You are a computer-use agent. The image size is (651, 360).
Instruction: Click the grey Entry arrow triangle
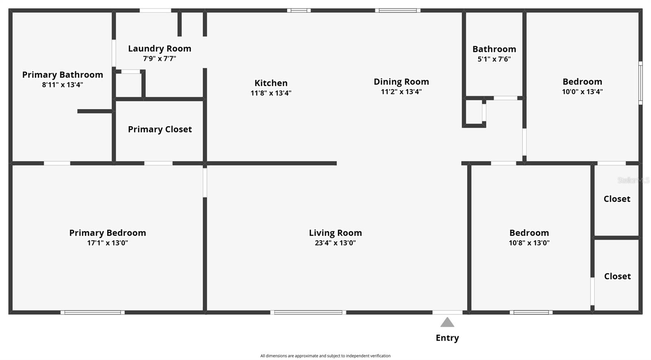click(447, 322)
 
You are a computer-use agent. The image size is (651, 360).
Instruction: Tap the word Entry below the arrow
click(447, 338)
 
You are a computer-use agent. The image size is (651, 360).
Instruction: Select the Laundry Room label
click(159, 48)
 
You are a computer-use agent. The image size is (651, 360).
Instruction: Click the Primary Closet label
click(160, 129)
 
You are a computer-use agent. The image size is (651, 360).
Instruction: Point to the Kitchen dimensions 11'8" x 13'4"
click(271, 93)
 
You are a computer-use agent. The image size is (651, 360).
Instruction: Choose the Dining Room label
click(401, 82)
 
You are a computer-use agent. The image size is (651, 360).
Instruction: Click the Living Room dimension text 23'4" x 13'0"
click(335, 243)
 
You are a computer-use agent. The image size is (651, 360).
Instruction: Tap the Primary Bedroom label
click(107, 233)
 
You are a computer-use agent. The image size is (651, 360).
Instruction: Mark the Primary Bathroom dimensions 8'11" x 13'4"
click(63, 85)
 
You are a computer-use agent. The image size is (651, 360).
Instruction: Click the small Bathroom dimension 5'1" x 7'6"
click(494, 59)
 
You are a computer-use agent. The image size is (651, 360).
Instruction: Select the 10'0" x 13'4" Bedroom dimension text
click(582, 92)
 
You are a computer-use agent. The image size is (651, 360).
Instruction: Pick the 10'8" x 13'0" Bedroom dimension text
click(529, 243)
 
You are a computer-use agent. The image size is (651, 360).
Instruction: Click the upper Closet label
click(617, 199)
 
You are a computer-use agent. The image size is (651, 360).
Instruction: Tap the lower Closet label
click(618, 276)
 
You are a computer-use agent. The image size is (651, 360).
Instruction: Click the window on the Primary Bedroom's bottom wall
click(93, 313)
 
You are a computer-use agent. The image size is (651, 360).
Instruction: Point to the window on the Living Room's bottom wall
click(308, 313)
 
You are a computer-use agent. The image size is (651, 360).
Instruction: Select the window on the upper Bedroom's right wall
click(640, 83)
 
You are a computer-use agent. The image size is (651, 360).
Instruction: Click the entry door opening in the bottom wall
click(448, 313)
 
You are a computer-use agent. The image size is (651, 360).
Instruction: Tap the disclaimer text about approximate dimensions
click(325, 356)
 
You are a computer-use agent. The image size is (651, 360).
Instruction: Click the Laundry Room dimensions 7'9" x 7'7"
click(159, 59)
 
